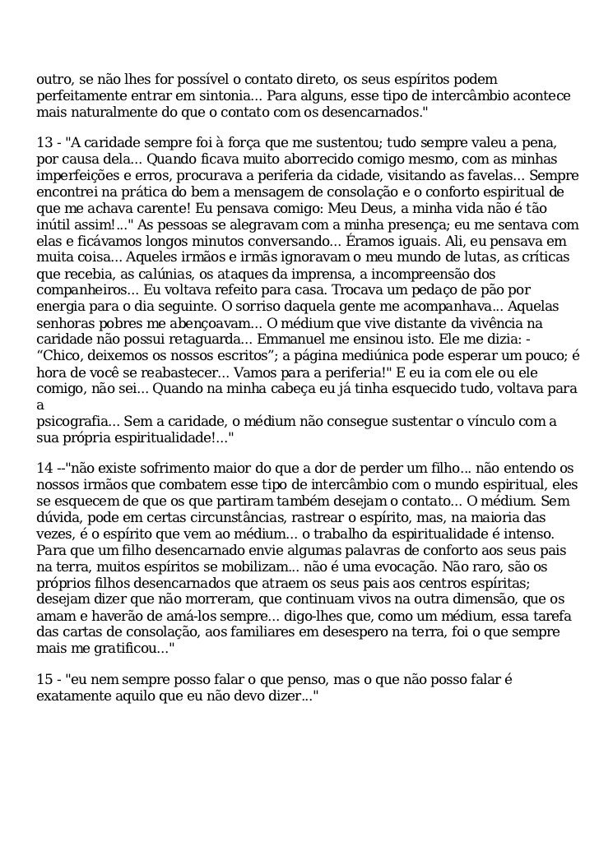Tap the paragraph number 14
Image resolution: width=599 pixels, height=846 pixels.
tap(44, 468)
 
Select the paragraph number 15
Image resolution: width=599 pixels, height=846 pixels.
tap(44, 679)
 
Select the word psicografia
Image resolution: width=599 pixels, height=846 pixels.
tap(74, 421)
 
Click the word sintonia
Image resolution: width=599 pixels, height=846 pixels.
tap(227, 95)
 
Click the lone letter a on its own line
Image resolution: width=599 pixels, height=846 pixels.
tap(39, 405)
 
